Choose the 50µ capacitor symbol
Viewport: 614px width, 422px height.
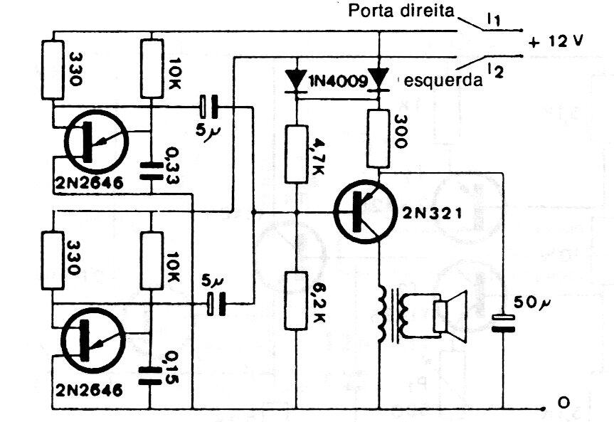[x=504, y=323]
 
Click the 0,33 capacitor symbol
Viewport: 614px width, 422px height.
[x=150, y=168]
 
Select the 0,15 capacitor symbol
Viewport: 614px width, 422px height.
[x=150, y=371]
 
